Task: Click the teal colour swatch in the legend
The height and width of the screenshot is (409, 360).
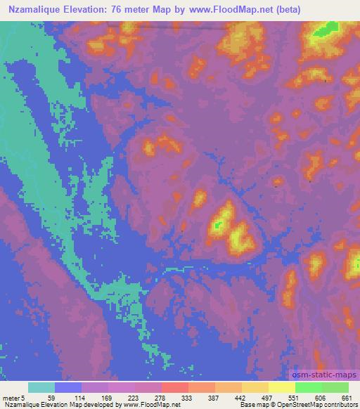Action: coord(41,387)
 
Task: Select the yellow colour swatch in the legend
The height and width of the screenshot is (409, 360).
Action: coord(282,387)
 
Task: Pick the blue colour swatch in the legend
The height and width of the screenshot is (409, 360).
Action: coord(68,387)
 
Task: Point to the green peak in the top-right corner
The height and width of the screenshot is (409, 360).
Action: coord(324,30)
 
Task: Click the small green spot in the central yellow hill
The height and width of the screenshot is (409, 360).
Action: coord(219,226)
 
